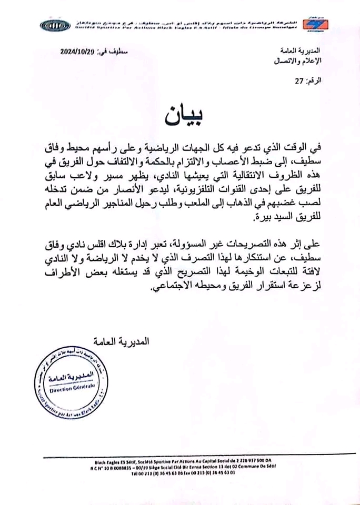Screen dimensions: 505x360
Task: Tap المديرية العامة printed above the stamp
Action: tap(122, 341)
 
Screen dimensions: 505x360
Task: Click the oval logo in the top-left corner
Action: tap(55, 25)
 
